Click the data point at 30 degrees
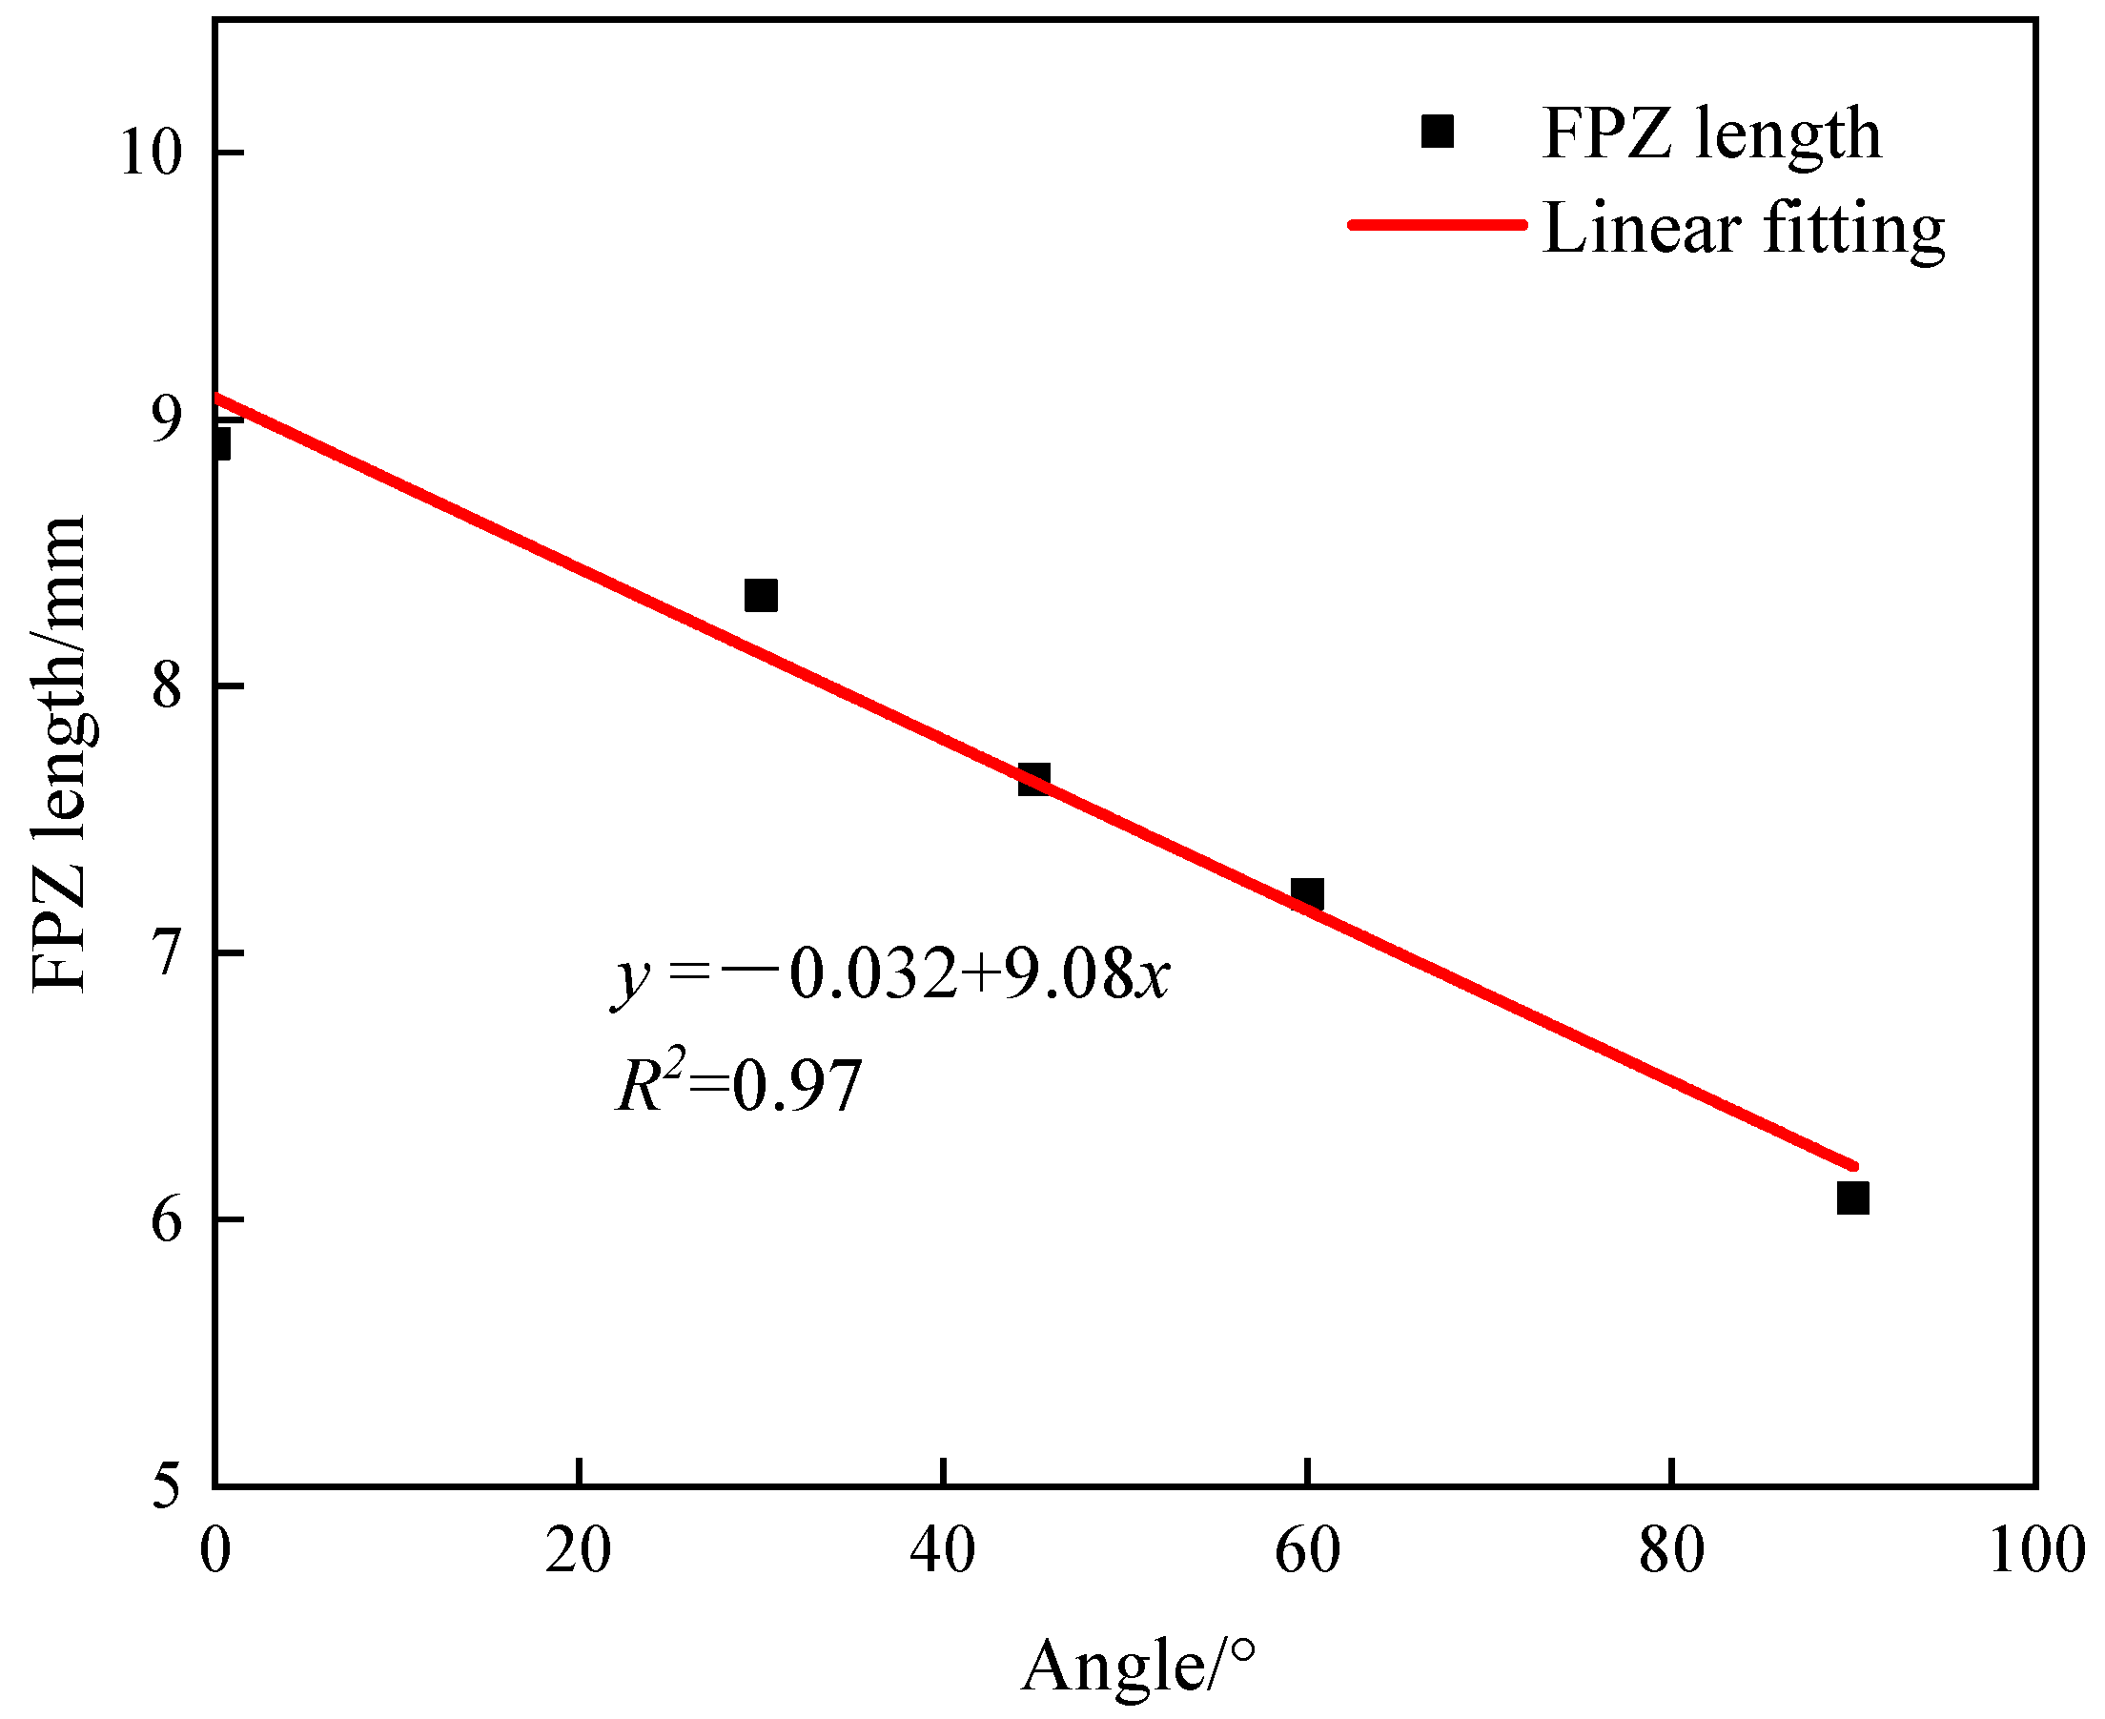tap(761, 596)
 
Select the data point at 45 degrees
tap(1033, 779)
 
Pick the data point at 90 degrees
tap(1852, 1198)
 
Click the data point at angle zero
tap(220, 443)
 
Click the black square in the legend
tap(1437, 131)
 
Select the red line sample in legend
tap(1437, 225)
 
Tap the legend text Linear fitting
tap(1744, 229)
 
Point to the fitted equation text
tap(891, 975)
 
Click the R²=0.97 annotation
tap(739, 1084)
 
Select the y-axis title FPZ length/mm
tap(59, 752)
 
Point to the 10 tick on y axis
tap(152, 153)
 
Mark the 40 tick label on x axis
tap(943, 1550)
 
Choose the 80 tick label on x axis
tap(1671, 1550)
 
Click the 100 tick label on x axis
tap(2035, 1550)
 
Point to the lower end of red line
tap(1854, 1165)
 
